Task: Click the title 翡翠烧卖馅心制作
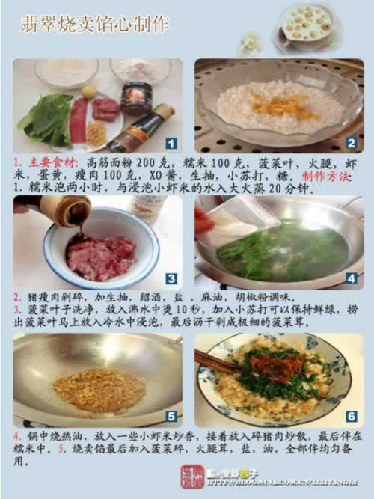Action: [94, 25]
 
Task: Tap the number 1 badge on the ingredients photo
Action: [171, 142]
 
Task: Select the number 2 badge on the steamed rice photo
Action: [351, 142]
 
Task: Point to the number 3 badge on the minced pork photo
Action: [171, 278]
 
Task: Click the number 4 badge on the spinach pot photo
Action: [351, 278]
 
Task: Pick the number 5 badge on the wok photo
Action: [171, 416]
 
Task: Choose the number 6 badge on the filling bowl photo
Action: [351, 416]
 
